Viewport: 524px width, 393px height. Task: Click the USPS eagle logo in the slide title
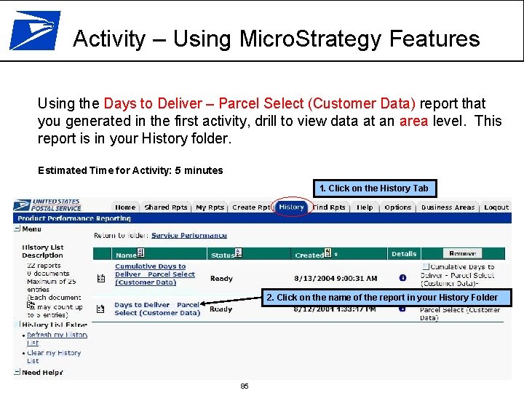tap(34, 31)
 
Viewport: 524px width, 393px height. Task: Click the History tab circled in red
tap(292, 207)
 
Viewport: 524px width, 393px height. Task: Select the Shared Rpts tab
tap(165, 207)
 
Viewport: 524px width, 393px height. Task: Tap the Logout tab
tap(496, 207)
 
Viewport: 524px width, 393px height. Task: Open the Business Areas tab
tap(448, 207)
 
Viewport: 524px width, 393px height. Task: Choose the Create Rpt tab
tap(250, 207)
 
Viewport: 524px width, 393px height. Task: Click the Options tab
tap(397, 207)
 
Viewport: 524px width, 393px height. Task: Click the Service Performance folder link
tap(188, 235)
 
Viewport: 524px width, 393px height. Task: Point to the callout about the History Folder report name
tap(381, 298)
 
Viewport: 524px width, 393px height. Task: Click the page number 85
tap(245, 386)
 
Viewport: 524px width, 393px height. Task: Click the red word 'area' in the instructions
tap(414, 121)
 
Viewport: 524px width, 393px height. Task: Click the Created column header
tap(309, 255)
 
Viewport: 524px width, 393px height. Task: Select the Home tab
tap(125, 207)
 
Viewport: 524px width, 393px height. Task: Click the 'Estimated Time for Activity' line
tap(130, 170)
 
